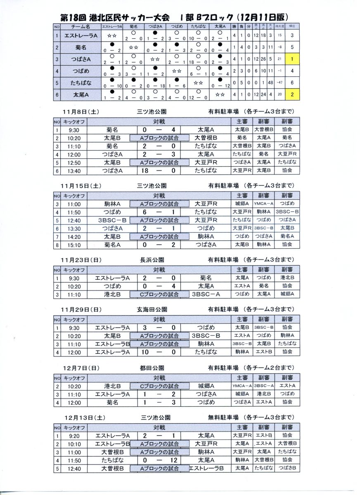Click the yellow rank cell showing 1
tap(292, 59)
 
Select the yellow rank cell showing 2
tap(292, 95)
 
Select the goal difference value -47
tap(280, 83)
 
